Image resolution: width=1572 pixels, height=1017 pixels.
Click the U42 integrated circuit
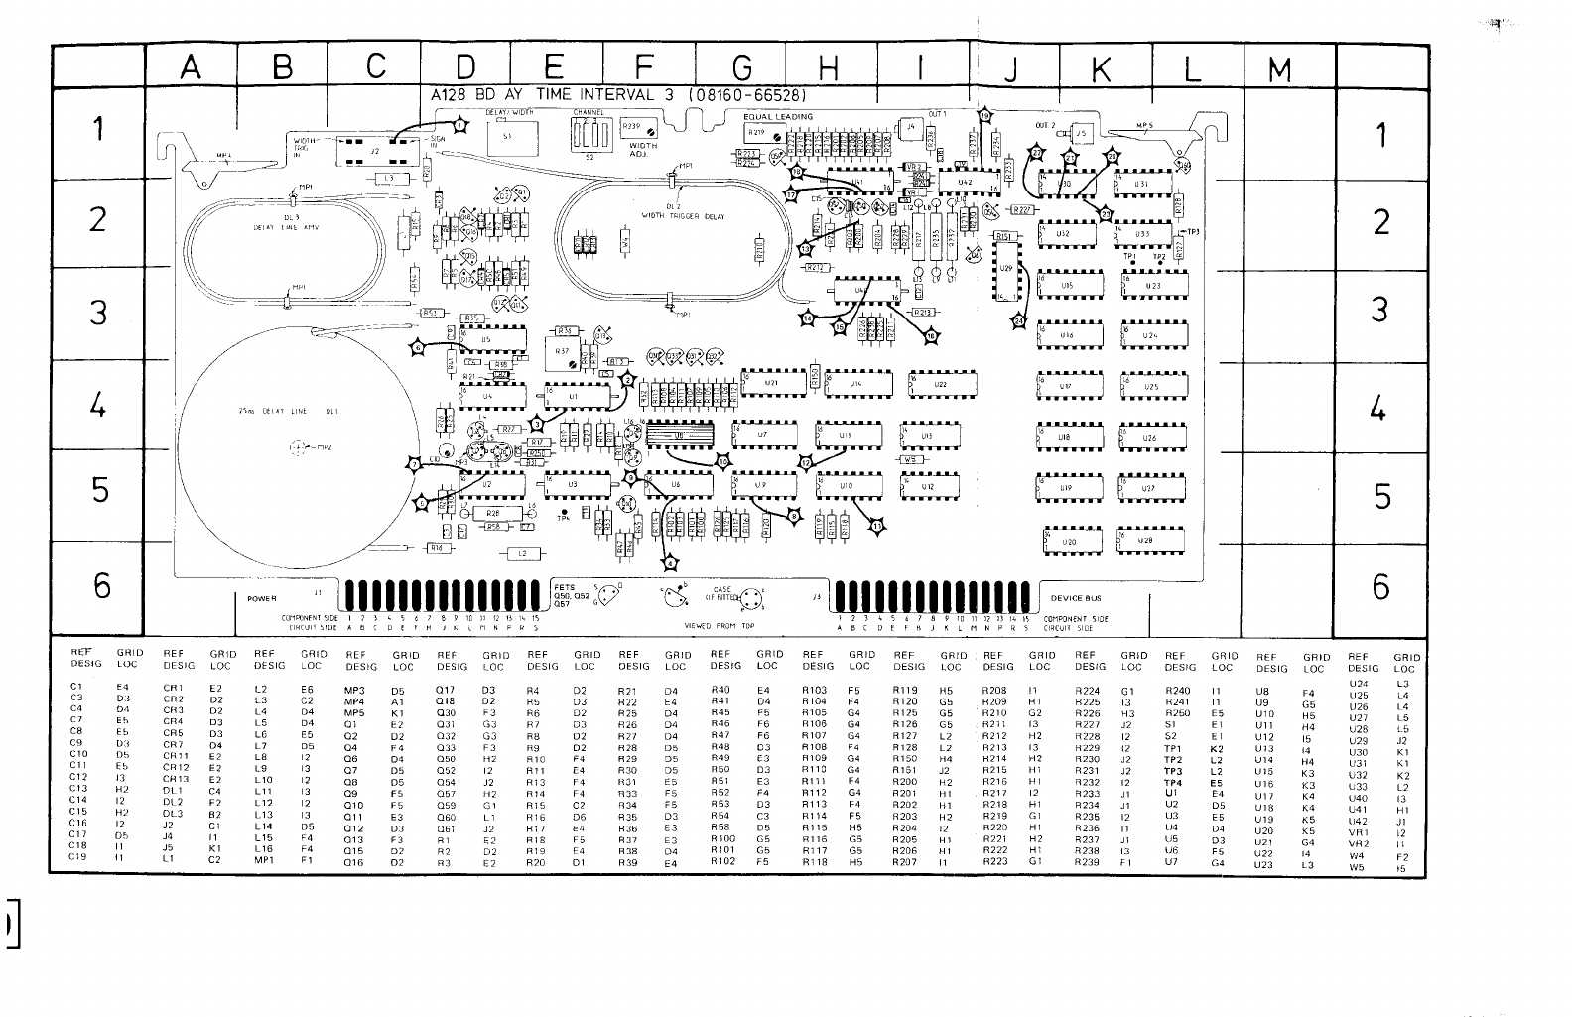pos(964,183)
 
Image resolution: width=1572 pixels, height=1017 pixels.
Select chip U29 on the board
pos(1006,269)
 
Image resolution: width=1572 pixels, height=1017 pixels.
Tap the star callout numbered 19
pos(983,116)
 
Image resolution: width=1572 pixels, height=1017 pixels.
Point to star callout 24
pos(1017,320)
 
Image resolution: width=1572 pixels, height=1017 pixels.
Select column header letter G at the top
pos(740,67)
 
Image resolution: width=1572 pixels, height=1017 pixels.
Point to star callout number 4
pos(671,563)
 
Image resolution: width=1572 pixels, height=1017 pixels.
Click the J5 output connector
pos(1081,132)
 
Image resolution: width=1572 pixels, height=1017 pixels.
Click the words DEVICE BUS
pos(1076,598)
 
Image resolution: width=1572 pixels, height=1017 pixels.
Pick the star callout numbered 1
pos(460,124)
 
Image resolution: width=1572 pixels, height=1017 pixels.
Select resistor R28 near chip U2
pos(492,513)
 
